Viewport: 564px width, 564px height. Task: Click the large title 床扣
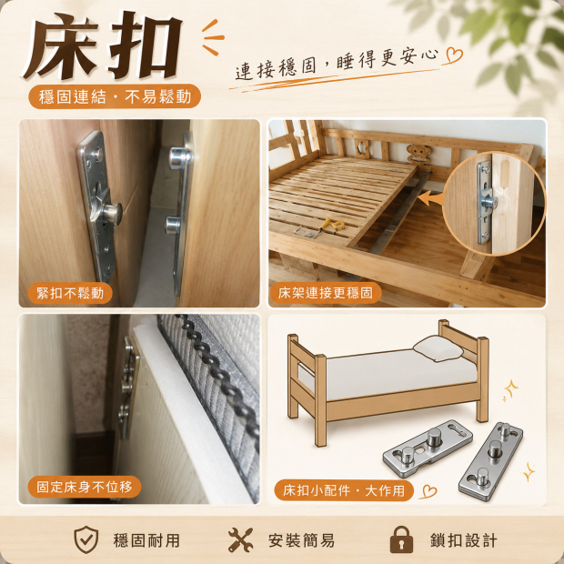coord(103,45)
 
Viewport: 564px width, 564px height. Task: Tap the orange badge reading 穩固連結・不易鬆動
coord(115,96)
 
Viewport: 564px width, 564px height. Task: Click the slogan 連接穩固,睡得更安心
coord(337,64)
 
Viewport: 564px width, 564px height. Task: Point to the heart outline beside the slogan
coord(454,55)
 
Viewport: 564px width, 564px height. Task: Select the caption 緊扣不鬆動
coord(70,293)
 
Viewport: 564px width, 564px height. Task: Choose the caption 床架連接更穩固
coord(325,293)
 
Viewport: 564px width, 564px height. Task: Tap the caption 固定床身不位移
coord(85,487)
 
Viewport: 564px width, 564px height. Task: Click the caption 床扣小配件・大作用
coord(344,490)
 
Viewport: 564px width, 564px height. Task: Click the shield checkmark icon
coord(86,540)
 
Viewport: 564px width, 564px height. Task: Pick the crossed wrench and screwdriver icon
coord(241,540)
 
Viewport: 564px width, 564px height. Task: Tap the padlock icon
coord(401,539)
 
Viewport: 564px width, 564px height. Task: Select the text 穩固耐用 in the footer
coord(146,540)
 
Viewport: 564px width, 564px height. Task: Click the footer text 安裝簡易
coord(301,540)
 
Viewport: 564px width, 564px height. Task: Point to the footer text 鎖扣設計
coord(464,540)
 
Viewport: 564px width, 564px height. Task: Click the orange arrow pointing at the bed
coord(430,198)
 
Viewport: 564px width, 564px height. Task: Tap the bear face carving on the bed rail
coord(418,153)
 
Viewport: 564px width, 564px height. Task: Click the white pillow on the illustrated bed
coord(438,348)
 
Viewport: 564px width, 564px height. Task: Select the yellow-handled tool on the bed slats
coord(332,226)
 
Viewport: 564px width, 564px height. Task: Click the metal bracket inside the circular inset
coord(485,202)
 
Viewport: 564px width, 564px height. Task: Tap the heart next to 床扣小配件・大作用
coord(428,491)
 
